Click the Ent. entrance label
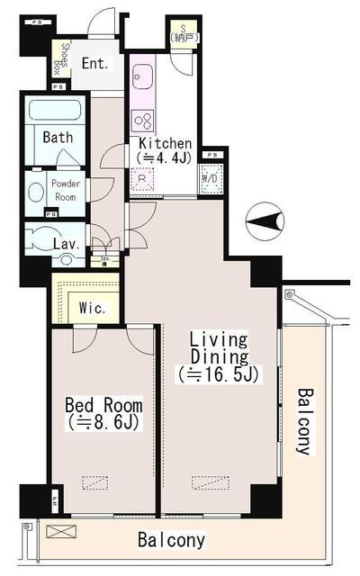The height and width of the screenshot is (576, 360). click(x=94, y=63)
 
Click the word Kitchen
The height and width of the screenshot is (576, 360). click(x=165, y=144)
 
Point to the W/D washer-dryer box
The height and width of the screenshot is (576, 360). click(x=211, y=177)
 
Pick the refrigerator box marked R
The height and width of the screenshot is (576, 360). click(x=142, y=179)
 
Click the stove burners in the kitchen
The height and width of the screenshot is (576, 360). click(x=142, y=121)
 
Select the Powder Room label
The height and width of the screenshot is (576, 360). click(x=66, y=190)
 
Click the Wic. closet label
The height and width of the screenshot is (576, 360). click(x=93, y=308)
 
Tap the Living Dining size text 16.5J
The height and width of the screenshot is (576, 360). click(x=220, y=373)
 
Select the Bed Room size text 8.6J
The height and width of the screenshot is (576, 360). click(x=103, y=421)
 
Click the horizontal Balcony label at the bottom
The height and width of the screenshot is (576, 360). click(x=171, y=541)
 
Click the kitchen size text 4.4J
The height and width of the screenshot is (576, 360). click(x=165, y=158)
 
